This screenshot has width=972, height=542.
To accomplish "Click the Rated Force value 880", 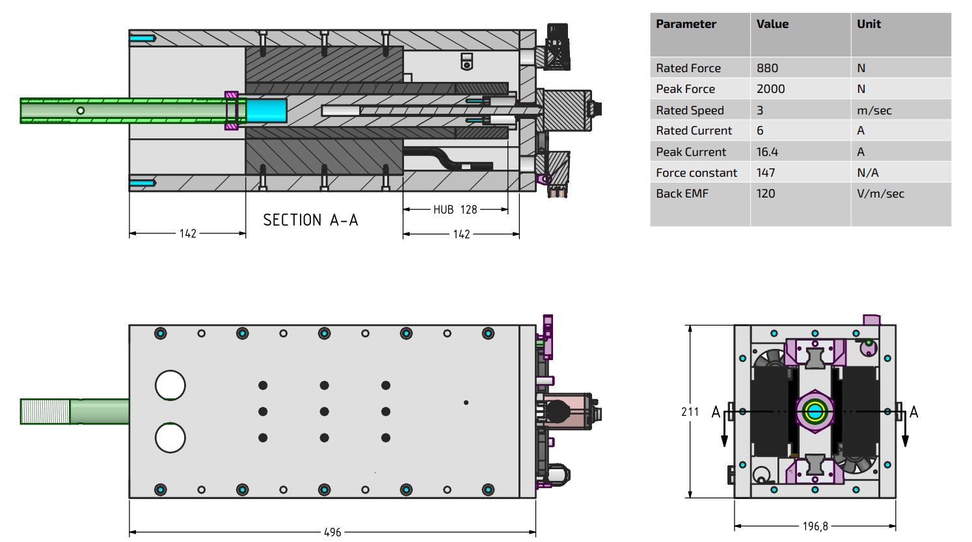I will click(767, 68).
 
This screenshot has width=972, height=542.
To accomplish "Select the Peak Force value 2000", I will click(770, 89).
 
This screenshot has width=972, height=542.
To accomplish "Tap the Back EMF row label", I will click(682, 194).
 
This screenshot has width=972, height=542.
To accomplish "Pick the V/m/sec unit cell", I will click(880, 194).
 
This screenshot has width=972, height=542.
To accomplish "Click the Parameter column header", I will click(686, 24).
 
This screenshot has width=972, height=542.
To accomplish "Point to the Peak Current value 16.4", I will click(767, 152).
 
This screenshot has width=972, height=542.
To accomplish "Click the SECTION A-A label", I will click(310, 220).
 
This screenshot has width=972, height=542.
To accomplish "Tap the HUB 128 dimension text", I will click(455, 210).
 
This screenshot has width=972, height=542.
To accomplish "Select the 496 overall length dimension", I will click(332, 532).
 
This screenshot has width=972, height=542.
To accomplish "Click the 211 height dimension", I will click(690, 412).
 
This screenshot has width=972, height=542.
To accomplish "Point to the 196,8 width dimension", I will click(815, 526).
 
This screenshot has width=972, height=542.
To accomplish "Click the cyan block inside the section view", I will click(266, 110).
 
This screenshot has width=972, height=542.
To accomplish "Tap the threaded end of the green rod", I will click(45, 411).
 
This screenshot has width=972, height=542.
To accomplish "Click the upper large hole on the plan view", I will click(170, 385).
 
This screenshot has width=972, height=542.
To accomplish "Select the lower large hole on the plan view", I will click(170, 438).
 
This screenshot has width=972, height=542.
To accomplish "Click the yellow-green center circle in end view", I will click(814, 411).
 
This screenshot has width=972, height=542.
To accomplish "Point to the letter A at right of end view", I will click(913, 412).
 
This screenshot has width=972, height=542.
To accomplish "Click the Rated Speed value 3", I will click(760, 110).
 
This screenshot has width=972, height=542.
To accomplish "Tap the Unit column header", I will click(869, 24).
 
